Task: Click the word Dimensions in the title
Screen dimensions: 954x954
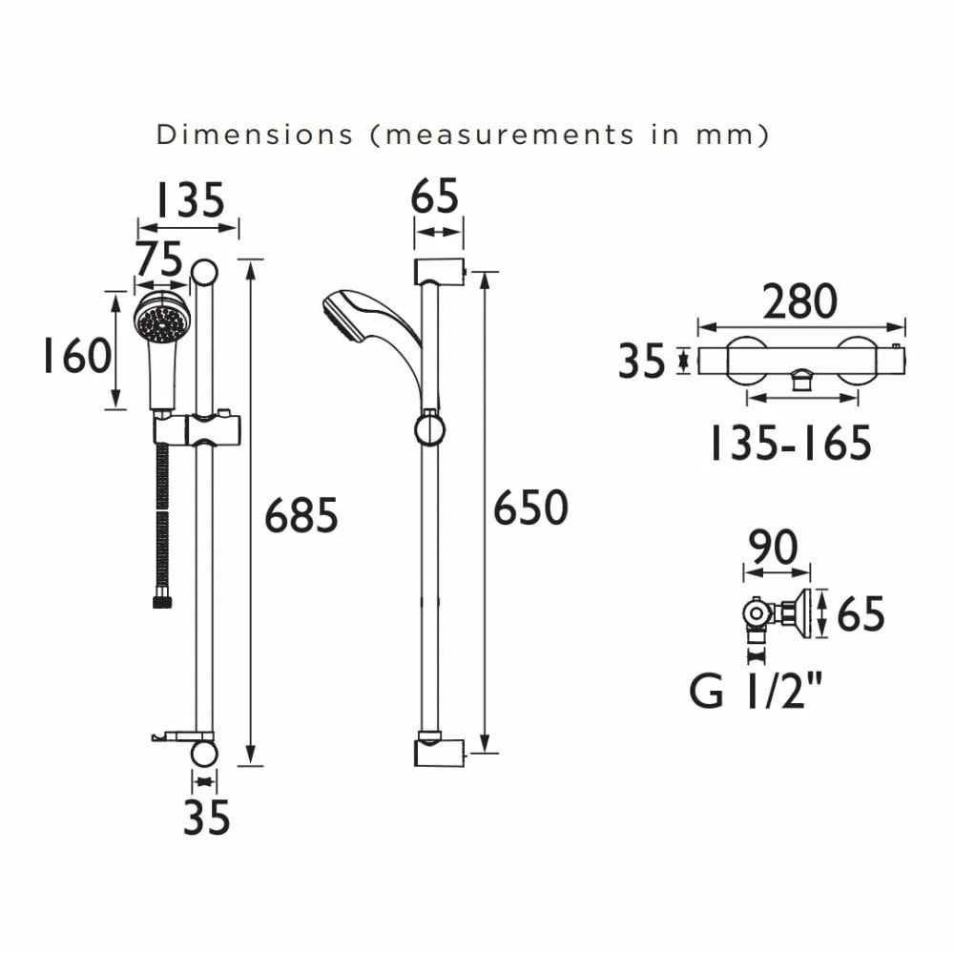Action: (254, 135)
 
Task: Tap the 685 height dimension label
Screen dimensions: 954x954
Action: (301, 516)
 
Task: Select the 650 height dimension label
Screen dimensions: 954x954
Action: (530, 508)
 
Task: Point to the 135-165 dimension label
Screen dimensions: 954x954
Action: (790, 444)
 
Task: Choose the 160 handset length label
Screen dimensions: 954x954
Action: (75, 356)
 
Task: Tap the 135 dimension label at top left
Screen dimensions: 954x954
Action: (189, 200)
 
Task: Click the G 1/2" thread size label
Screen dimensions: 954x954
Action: (757, 691)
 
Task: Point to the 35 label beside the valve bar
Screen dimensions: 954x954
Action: (642, 362)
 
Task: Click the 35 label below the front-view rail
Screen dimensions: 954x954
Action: (206, 818)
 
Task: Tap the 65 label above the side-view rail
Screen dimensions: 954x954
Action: (435, 197)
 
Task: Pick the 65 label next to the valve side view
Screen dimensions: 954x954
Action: (861, 613)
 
